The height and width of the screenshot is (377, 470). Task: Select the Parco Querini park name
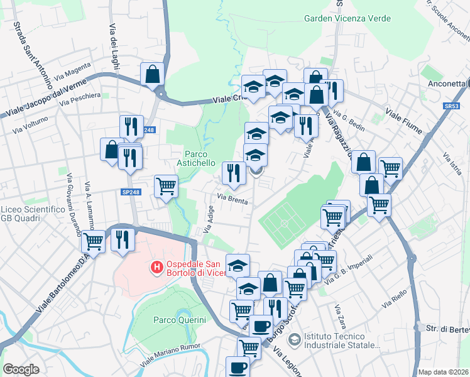click(180, 320)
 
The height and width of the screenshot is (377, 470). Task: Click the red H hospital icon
click(156, 268)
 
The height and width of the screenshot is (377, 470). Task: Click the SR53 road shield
click(451, 107)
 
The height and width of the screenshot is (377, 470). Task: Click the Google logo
click(21, 369)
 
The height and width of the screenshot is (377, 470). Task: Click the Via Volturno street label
click(28, 126)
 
